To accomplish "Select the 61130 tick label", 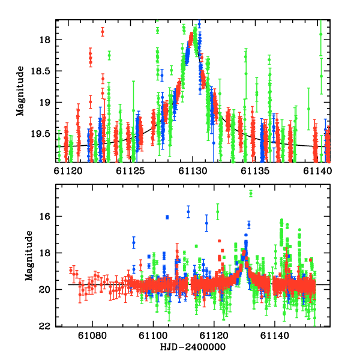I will pyautogui.click(x=192, y=171).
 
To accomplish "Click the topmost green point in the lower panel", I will pyautogui.click(x=251, y=193).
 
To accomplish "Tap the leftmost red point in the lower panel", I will pyautogui.click(x=71, y=271).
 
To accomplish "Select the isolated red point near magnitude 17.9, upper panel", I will pyautogui.click(x=103, y=31).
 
